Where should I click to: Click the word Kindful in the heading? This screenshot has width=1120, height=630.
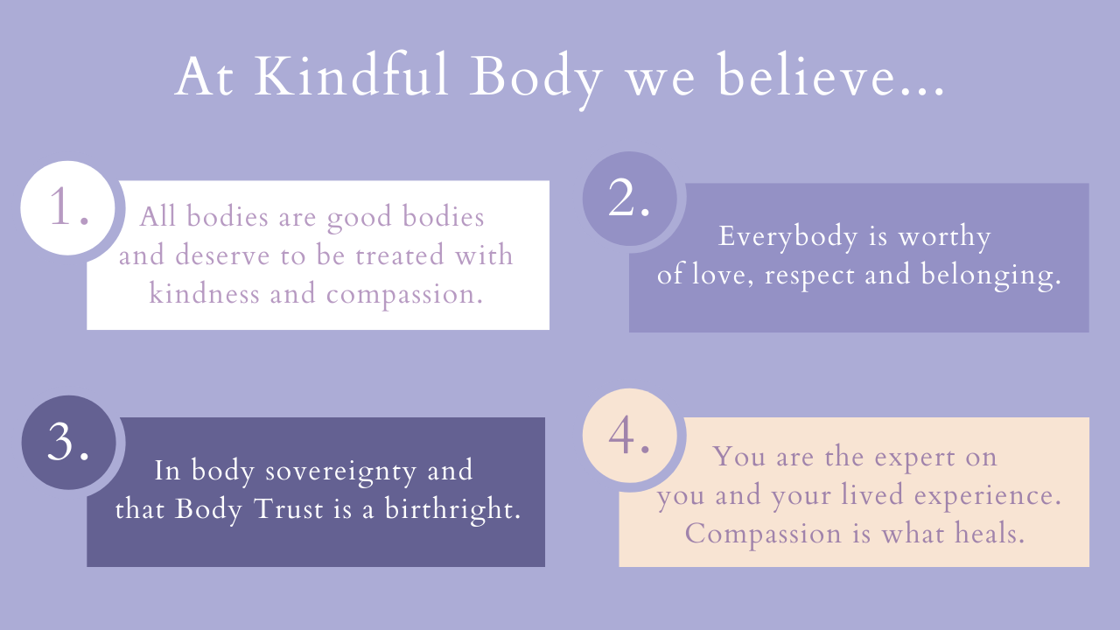[x=353, y=78]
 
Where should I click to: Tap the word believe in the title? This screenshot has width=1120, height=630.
[x=827, y=78]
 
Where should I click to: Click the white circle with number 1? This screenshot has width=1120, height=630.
[x=68, y=208]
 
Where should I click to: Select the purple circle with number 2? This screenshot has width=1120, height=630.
[x=628, y=199]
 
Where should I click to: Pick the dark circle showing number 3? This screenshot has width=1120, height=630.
[x=68, y=443]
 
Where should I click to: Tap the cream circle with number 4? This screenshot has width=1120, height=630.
[x=628, y=436]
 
